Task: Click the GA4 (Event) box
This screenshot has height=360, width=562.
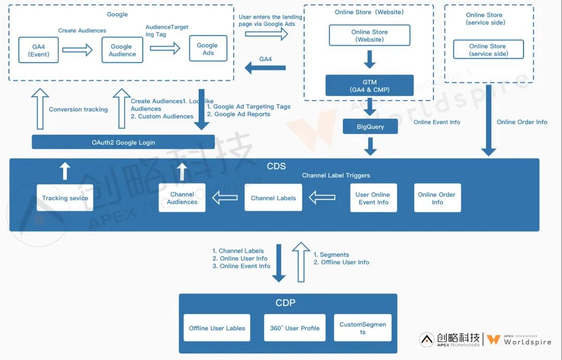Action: point(38,50)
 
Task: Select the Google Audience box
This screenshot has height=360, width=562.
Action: point(122,50)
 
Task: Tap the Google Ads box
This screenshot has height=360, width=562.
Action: point(208,49)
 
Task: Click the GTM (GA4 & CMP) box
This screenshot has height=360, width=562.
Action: point(369,85)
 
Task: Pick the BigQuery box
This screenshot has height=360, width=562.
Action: point(370,126)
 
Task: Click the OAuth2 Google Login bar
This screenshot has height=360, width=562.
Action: point(123,142)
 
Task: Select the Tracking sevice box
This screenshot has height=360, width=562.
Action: point(65,198)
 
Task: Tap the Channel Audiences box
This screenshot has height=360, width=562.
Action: point(182,198)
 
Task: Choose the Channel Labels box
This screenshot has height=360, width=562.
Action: point(273,198)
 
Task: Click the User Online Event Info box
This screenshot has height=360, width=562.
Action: point(373,198)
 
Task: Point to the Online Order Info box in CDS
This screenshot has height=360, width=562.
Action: point(437,198)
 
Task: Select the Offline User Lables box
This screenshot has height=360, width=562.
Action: point(217,328)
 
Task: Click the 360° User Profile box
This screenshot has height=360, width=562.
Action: point(295,328)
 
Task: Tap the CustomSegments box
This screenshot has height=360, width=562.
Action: point(363,328)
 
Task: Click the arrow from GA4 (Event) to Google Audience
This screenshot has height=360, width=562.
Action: point(77,50)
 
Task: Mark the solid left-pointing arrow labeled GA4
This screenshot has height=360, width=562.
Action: point(265,67)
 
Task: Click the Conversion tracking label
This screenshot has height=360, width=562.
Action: point(78,109)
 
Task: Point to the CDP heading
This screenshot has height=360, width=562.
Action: point(286,303)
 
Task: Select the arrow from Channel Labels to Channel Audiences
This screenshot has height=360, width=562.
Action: point(224,198)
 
